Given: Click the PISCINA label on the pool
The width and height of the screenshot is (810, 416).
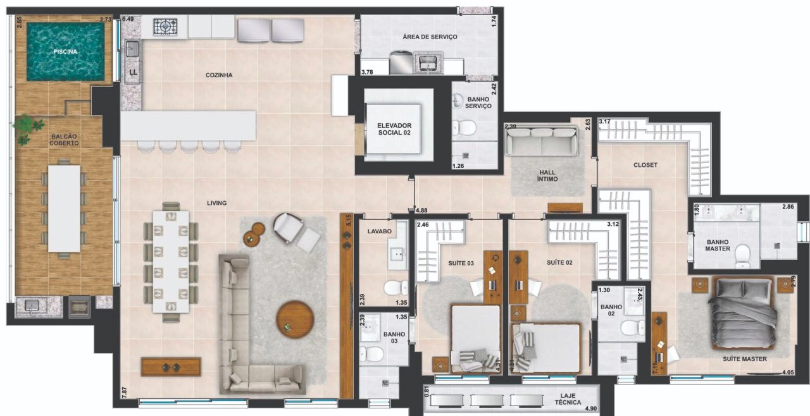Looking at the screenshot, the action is (x=65, y=52).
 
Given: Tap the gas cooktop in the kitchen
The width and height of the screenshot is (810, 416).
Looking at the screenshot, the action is (x=165, y=27).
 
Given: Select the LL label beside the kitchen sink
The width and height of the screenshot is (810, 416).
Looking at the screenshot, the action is (x=134, y=72).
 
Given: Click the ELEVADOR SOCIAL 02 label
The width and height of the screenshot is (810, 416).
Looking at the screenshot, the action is (x=394, y=129).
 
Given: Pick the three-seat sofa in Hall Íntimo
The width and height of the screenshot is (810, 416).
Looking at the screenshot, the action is (x=541, y=142).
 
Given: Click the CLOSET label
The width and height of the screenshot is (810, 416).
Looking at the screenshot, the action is (x=645, y=165).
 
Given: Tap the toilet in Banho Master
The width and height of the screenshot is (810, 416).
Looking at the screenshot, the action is (x=742, y=256).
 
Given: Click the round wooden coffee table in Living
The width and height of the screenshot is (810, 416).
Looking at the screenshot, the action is (x=295, y=319).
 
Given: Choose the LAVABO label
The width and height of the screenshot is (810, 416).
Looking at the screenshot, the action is (x=379, y=231).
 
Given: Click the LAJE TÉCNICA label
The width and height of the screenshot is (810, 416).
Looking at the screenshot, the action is (x=568, y=399).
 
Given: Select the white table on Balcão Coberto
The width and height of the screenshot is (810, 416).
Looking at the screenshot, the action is (x=65, y=209).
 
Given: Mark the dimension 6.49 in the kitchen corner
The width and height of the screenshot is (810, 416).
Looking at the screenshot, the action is (x=128, y=19).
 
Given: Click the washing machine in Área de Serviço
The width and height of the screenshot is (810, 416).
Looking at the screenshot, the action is (x=401, y=63).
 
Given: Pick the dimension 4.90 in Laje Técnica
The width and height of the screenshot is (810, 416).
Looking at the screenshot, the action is (x=590, y=409).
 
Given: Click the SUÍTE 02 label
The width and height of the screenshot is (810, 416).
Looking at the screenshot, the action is (x=559, y=262).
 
